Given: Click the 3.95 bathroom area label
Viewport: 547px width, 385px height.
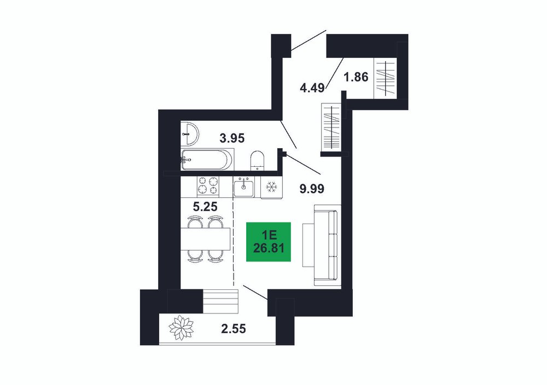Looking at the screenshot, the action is [232, 138].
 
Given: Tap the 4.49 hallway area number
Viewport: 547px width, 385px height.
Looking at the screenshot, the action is [312, 87].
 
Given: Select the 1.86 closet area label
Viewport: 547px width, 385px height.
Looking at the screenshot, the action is [356, 77].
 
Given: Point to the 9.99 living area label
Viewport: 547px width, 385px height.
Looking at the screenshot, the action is [312, 189].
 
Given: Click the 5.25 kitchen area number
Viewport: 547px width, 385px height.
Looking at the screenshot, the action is [205, 207].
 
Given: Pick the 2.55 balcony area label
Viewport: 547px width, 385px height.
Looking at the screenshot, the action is [234, 329].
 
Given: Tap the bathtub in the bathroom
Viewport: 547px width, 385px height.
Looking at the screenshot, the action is [207, 160].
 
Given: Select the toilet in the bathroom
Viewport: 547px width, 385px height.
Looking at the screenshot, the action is [258, 161].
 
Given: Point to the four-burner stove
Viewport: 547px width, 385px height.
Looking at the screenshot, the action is [208, 185].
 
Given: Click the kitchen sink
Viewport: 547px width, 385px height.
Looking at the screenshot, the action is [244, 186].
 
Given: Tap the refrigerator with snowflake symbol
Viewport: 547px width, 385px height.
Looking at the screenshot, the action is [271, 187].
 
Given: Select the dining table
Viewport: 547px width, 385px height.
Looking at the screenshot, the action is [205, 239].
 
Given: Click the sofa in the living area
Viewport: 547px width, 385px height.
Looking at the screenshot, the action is [327, 245].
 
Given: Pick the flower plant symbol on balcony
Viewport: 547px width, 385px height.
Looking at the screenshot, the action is [181, 327].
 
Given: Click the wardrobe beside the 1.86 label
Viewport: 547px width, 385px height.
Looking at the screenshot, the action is [386, 78].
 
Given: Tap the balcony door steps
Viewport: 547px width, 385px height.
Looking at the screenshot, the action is [220, 301].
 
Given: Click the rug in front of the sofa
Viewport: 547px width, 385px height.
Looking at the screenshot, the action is [309, 246].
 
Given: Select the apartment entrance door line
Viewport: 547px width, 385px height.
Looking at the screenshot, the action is [309, 40].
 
